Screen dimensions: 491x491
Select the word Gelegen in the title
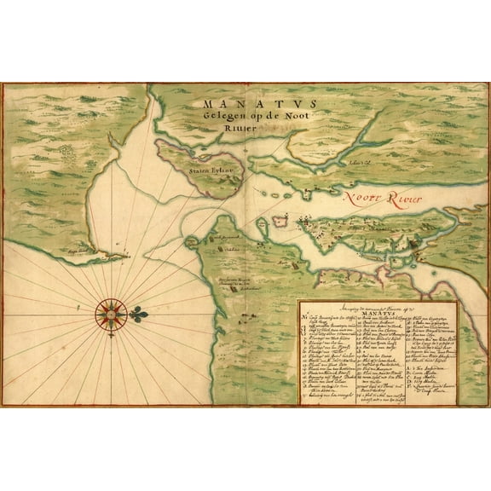pos(220,117)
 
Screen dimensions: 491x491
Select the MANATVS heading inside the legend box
pos(376,311)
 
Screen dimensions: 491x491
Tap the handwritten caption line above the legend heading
pos(374,304)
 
